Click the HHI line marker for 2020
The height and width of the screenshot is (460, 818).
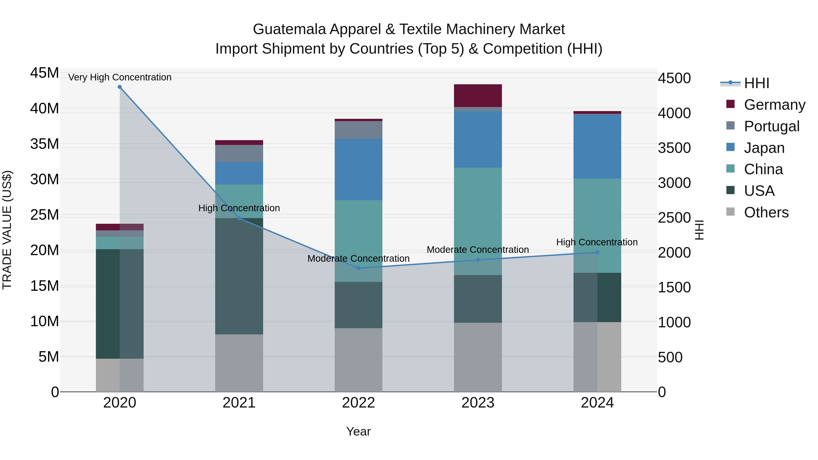120,87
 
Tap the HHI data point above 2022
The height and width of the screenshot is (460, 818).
359,268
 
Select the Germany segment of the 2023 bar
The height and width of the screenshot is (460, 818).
478,96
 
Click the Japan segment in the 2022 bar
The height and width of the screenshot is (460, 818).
359,169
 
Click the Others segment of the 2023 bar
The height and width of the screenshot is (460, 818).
478,357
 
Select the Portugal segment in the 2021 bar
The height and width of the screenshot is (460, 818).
239,153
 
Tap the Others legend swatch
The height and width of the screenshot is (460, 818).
730,212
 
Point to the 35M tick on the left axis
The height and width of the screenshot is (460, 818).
45,144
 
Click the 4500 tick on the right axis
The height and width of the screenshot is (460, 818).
674,78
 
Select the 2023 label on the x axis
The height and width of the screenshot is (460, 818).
478,403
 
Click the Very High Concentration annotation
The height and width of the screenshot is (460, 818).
120,77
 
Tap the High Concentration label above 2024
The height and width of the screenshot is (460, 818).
597,242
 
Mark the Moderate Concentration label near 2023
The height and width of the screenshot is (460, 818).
478,250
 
